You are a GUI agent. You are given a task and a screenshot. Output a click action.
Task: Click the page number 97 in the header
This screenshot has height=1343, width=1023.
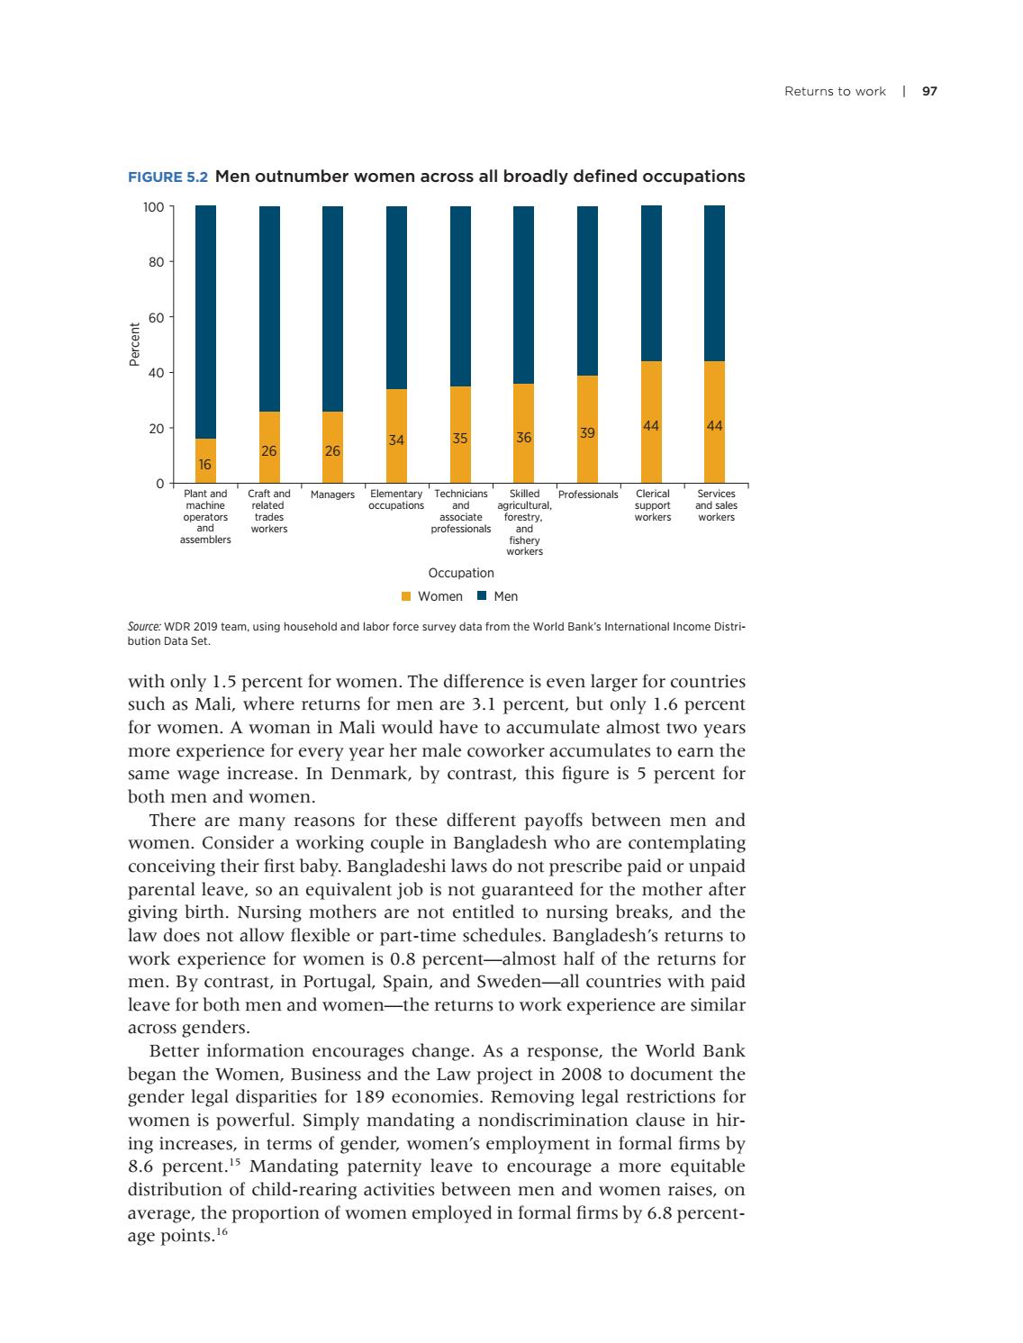pos(930,91)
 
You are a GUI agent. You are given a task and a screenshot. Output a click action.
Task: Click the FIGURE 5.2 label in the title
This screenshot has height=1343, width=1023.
pos(168,177)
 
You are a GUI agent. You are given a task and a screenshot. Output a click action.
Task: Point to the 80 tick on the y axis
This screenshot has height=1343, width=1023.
pos(154,262)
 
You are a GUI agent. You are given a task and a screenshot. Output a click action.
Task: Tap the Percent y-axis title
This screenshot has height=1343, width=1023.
pos(134,344)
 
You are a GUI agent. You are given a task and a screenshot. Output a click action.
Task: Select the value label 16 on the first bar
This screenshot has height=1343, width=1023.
pos(205,465)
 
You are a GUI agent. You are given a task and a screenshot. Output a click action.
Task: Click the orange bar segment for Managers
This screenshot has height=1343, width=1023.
pos(332,447)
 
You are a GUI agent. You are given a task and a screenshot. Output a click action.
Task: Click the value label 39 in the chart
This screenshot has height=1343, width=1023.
pos(587,433)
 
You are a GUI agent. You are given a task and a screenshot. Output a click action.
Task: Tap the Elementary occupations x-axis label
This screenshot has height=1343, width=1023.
pos(396,500)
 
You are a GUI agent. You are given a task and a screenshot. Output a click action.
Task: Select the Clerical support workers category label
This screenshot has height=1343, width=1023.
pos(652,505)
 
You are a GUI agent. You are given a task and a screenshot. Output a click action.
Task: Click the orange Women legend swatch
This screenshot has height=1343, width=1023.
pos(405,596)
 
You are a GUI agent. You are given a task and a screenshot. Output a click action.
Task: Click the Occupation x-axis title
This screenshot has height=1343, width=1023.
pos(461,573)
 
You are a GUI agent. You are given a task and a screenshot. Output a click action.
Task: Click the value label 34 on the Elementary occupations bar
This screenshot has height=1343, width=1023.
pos(396,440)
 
